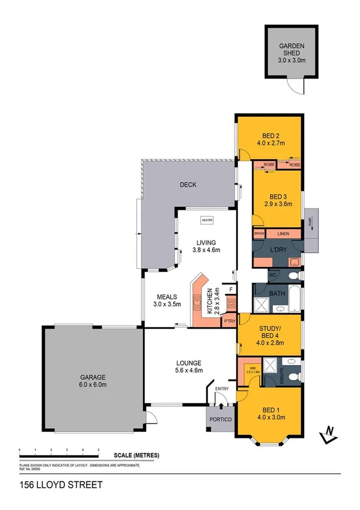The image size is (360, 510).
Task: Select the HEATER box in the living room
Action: pos(208,220)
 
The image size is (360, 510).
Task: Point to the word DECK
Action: pos(188,185)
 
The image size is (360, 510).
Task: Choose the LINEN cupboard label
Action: pos(284,233)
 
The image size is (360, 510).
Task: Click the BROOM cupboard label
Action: pos(259,233)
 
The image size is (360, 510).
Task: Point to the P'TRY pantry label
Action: pos(229,321)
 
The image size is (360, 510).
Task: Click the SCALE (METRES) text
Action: pos(136,455)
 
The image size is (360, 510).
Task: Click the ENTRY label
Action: pos(222,389)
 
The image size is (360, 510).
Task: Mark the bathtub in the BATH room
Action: pos(293,300)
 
